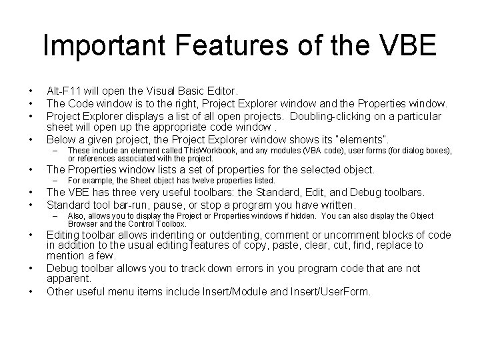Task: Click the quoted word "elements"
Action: click(365, 139)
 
